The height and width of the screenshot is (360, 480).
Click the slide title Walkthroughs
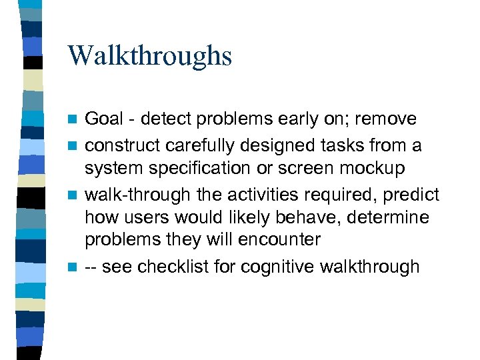(149, 56)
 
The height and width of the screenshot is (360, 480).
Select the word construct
(123, 145)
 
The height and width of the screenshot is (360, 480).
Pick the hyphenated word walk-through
(134, 194)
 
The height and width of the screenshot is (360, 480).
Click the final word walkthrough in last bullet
(371, 267)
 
